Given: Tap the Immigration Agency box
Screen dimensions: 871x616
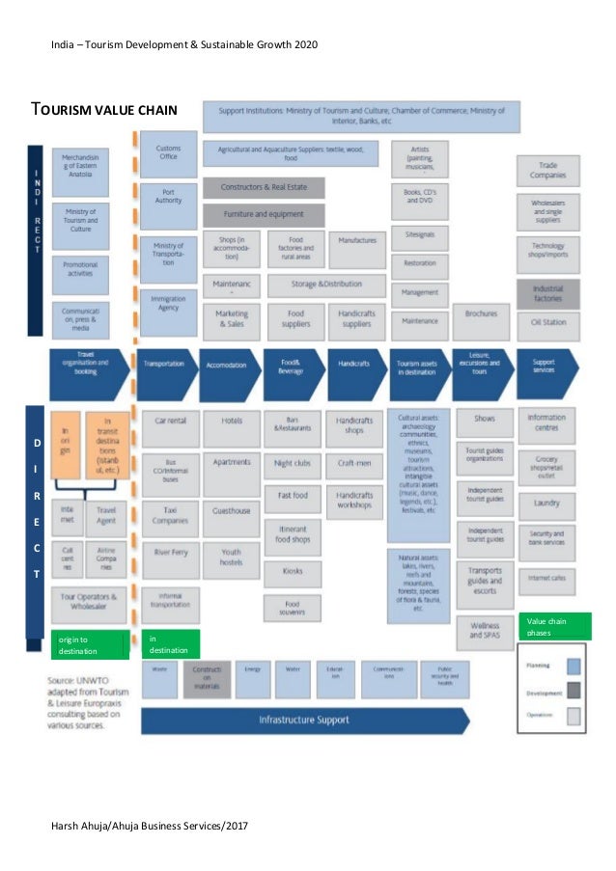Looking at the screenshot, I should click(169, 304).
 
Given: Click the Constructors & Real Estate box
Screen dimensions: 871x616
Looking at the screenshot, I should click(264, 187).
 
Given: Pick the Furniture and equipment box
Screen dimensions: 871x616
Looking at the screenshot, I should click(264, 214).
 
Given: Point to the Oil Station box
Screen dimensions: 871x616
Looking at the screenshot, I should click(548, 322).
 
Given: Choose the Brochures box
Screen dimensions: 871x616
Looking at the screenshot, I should click(481, 313).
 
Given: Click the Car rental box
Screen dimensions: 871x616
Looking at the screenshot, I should click(171, 422).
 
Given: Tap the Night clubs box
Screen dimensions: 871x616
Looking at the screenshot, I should click(293, 463).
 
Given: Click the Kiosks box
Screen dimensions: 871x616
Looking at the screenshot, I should click(293, 571).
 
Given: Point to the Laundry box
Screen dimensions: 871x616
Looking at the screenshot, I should click(547, 503).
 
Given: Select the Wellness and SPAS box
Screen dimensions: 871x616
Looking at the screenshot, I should click(485, 630).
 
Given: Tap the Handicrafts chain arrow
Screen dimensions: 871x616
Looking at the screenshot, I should click(353, 366).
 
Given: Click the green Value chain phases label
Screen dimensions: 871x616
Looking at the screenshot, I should click(551, 626).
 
